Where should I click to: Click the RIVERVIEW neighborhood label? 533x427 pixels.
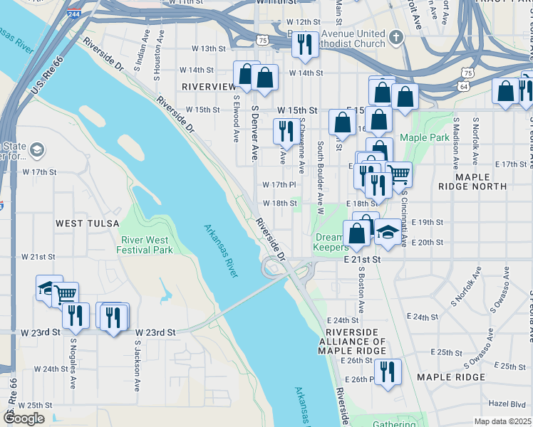209,86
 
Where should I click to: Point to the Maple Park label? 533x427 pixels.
425,137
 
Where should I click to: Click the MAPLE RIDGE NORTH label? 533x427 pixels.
481,181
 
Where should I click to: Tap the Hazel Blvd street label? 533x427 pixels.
507,403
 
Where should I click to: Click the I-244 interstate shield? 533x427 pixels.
73,14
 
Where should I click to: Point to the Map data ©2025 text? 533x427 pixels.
502,421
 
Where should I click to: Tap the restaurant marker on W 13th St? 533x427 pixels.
304,44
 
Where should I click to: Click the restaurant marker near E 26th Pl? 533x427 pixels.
387,371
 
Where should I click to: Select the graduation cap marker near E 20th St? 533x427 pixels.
388,233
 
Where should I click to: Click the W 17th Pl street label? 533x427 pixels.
279,185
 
